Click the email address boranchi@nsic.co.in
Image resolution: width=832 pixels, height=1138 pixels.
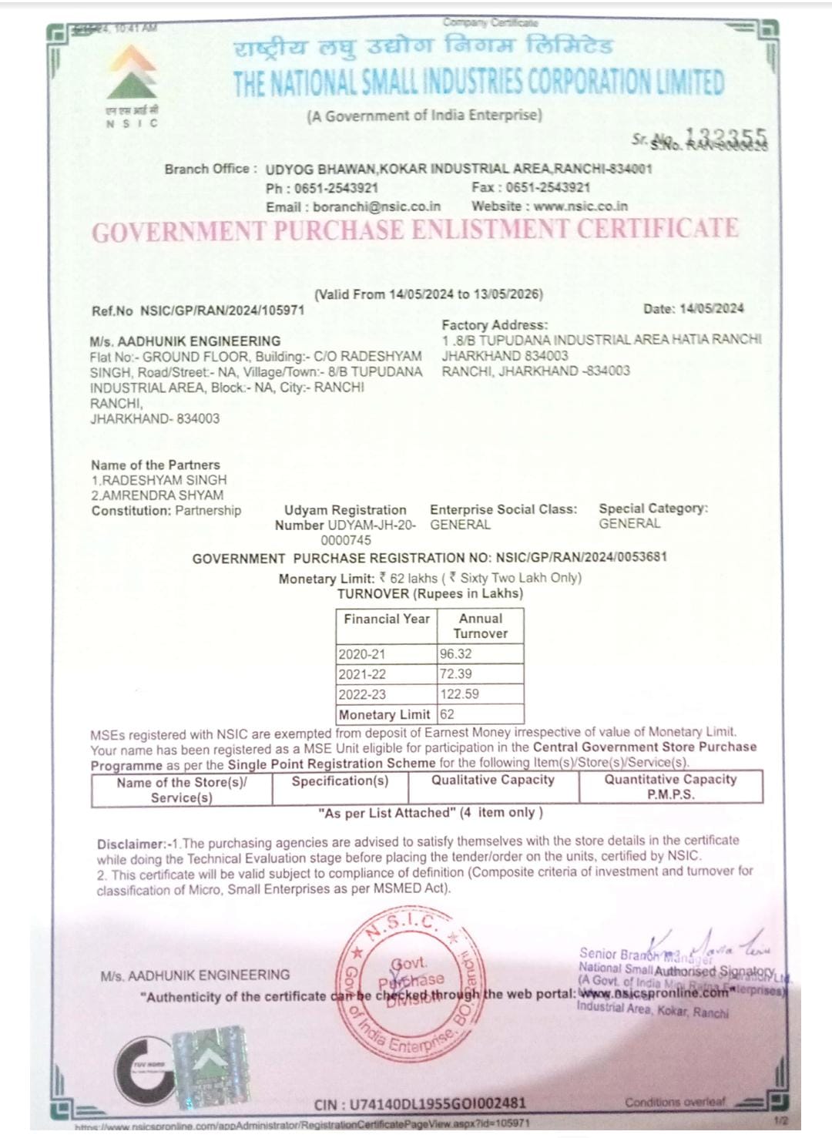coord(377,206)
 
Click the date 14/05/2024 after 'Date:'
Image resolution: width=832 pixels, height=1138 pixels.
coord(712,309)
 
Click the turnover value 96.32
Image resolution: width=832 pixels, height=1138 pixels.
coord(455,654)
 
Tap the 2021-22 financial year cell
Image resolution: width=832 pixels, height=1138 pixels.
coord(362,674)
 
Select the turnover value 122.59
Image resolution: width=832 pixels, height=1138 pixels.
coord(459,694)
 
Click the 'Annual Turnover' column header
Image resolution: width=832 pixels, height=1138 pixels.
coord(480,626)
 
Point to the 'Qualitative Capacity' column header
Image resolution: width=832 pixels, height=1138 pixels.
coord(492,780)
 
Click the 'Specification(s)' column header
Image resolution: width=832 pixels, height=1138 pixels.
coord(340,781)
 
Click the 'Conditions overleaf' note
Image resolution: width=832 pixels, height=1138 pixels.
coord(675,1102)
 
